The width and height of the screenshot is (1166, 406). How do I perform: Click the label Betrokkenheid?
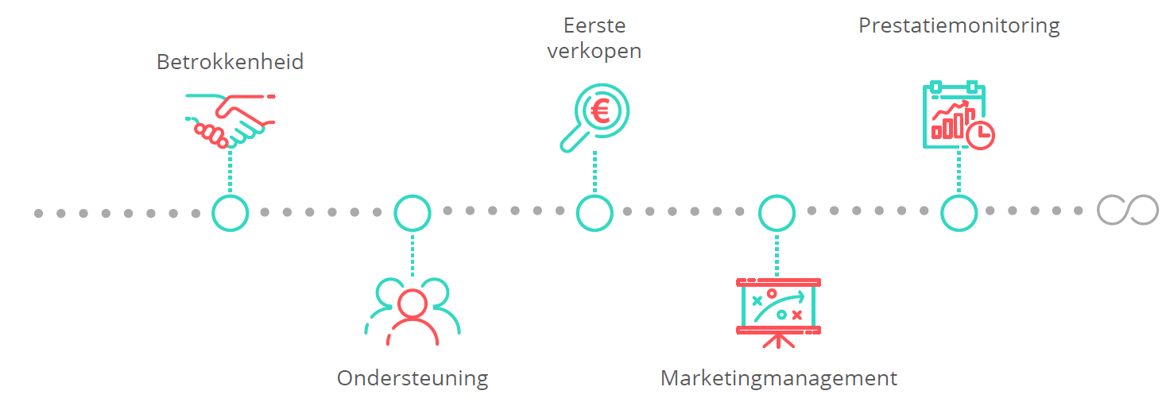click(230, 61)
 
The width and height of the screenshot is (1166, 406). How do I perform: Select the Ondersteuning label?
click(413, 378)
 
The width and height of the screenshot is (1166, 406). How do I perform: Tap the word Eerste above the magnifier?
click(595, 25)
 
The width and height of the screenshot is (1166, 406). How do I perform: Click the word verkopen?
click(595, 52)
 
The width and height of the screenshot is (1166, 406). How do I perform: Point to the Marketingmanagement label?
click(779, 378)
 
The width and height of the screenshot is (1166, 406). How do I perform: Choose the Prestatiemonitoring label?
click(959, 26)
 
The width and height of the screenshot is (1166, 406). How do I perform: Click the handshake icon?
click(230, 121)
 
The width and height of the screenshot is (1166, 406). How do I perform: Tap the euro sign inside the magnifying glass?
click(601, 111)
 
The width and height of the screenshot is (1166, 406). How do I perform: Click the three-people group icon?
click(413, 311)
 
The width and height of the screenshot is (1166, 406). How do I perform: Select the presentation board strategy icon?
click(778, 313)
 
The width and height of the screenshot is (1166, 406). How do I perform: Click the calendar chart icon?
click(959, 115)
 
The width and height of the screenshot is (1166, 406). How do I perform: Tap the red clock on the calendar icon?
click(981, 135)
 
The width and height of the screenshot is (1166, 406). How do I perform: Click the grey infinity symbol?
click(1128, 211)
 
